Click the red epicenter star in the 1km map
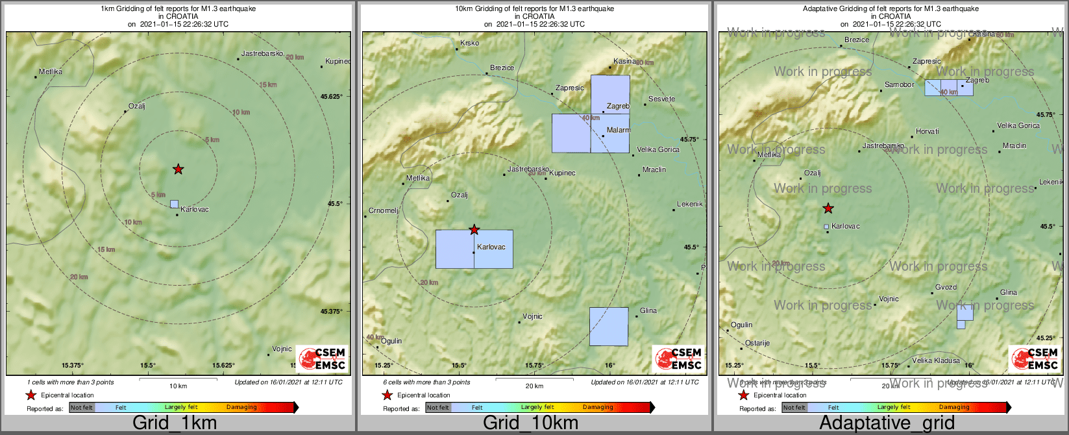point(178,169)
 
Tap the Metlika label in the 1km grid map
point(51,72)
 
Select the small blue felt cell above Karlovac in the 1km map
point(174,204)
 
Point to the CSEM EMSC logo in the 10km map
point(678,358)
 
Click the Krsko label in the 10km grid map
point(469,43)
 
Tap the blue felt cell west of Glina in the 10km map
point(609,326)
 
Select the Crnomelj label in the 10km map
point(384,211)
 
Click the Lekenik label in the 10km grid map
point(690,205)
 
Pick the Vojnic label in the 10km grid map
point(532,317)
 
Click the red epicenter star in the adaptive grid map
point(828,208)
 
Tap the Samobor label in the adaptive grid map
point(900,85)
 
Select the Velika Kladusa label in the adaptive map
point(936,361)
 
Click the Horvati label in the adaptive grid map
point(928,132)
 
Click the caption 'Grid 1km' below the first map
point(175,423)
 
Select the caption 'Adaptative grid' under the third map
point(887,423)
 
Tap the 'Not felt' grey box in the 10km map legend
point(438,408)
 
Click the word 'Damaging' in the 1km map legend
point(241,408)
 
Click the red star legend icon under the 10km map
point(387,395)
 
